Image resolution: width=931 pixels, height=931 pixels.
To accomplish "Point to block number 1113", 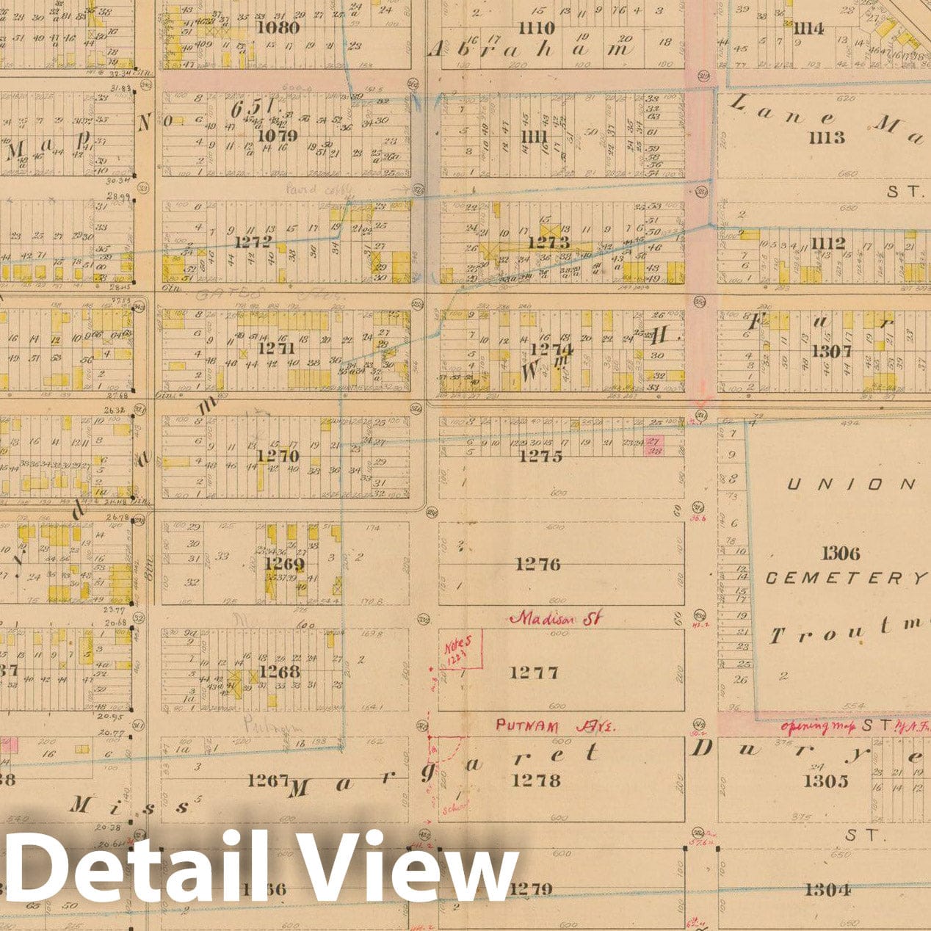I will tap(827, 137).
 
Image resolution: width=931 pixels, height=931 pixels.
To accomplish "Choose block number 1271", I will tap(277, 349).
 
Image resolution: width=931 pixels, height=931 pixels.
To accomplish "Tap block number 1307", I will tap(832, 351).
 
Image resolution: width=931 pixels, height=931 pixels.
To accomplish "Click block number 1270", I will tap(278, 456).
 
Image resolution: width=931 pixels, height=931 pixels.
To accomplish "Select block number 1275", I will tap(541, 456).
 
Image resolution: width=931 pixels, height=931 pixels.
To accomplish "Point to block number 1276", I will tap(537, 564).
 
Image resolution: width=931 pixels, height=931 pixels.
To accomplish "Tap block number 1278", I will tap(537, 780).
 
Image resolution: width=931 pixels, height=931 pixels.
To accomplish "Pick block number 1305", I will tap(826, 780).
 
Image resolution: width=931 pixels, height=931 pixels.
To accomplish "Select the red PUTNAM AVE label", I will tap(557, 725).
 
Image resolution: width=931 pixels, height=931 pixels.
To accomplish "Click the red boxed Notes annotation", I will tap(462, 649).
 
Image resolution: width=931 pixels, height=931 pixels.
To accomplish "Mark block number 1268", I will tap(279, 672).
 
